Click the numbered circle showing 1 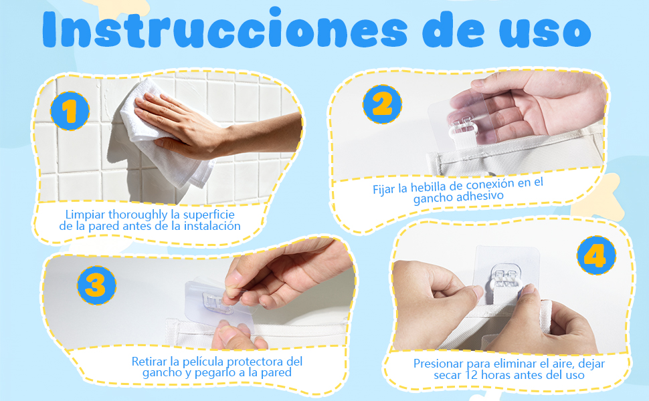(x=70, y=111)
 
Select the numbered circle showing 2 (x=382, y=104)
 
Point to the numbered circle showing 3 (x=96, y=285)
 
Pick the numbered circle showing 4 (x=596, y=255)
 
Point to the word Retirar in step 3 (x=149, y=362)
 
